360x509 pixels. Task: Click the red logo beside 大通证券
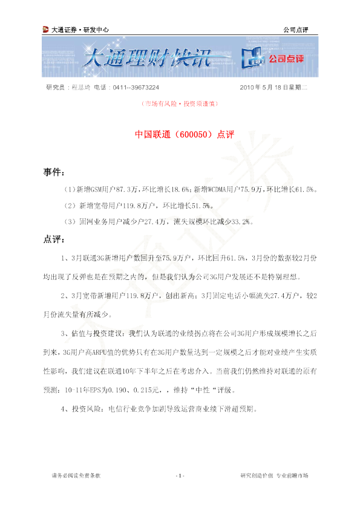[45, 30]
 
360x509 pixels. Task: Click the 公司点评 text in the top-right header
[296, 30]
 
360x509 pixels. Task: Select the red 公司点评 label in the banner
[286, 59]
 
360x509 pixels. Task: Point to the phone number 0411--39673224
[136, 87]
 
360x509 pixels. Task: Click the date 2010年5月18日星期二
[273, 87]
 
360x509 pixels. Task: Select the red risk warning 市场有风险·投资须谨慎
[180, 103]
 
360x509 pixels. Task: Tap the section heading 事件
[54, 172]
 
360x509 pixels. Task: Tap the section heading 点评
[54, 239]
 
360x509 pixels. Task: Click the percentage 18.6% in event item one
[180, 189]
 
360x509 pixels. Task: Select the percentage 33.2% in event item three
[241, 222]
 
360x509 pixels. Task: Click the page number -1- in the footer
[180, 476]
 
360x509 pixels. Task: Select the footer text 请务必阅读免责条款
[76, 476]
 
